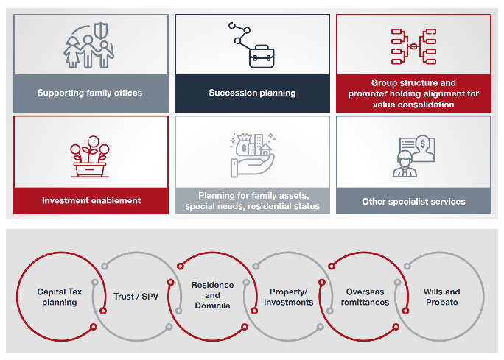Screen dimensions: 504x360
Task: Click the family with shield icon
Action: pyautogui.click(x=88, y=46)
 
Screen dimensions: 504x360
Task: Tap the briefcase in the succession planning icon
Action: pyautogui.click(x=262, y=57)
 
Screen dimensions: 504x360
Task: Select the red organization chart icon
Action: pyautogui.click(x=413, y=46)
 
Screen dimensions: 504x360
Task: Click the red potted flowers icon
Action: pyautogui.click(x=90, y=156)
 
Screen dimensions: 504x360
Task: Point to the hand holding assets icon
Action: pyautogui.click(x=253, y=155)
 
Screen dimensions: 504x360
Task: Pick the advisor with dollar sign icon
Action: pyautogui.click(x=413, y=156)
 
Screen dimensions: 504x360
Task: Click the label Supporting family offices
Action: pyautogui.click(x=90, y=93)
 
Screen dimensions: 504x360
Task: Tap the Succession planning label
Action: pyautogui.click(x=252, y=93)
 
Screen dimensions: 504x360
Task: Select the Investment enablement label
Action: pyautogui.click(x=91, y=200)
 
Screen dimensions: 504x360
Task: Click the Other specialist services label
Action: pyautogui.click(x=413, y=202)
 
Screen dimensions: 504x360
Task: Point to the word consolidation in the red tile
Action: pyautogui.click(x=425, y=105)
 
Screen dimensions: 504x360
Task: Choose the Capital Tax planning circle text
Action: pyautogui.click(x=60, y=297)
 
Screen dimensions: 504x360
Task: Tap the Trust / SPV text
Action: pyautogui.click(x=136, y=297)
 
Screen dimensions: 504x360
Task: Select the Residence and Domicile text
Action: pyautogui.click(x=212, y=295)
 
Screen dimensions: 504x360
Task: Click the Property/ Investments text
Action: pyautogui.click(x=289, y=297)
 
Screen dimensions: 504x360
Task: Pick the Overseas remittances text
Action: pyautogui.click(x=365, y=297)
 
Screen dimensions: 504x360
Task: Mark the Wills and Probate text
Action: pyautogui.click(x=441, y=297)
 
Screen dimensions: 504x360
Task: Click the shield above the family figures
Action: pyautogui.click(x=102, y=30)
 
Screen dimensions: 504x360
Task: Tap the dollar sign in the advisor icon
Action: pyautogui.click(x=423, y=144)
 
